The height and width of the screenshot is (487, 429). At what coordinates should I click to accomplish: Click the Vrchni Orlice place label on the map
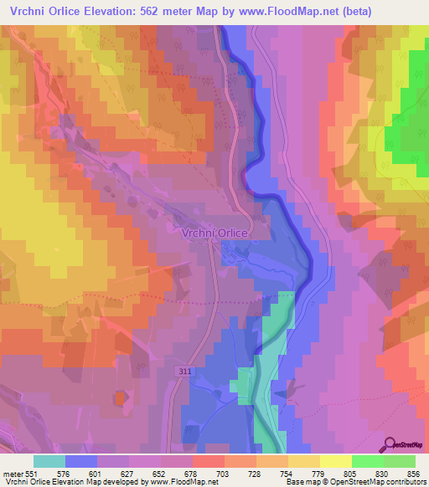[214, 234]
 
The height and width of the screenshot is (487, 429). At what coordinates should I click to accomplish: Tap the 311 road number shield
[183, 371]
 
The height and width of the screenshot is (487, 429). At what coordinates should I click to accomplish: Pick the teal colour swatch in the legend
[49, 461]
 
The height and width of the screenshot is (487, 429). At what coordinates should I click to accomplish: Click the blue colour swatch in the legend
[81, 461]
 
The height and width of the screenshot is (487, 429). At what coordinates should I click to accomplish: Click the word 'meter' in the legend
[13, 473]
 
